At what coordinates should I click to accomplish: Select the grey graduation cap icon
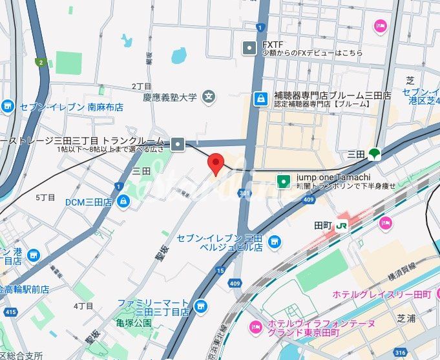click(x=209, y=98)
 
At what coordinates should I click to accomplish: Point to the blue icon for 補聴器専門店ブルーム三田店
click(x=260, y=99)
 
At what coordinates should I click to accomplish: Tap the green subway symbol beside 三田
click(x=375, y=154)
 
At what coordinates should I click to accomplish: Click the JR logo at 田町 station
click(x=341, y=226)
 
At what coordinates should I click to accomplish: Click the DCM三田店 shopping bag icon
click(x=123, y=202)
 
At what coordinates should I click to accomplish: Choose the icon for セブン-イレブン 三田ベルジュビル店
click(x=275, y=241)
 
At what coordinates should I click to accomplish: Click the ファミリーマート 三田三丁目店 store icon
click(x=201, y=305)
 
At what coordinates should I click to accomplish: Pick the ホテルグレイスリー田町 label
click(x=381, y=294)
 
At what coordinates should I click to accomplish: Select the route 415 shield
click(x=10, y=312)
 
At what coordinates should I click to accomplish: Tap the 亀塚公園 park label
click(x=134, y=323)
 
